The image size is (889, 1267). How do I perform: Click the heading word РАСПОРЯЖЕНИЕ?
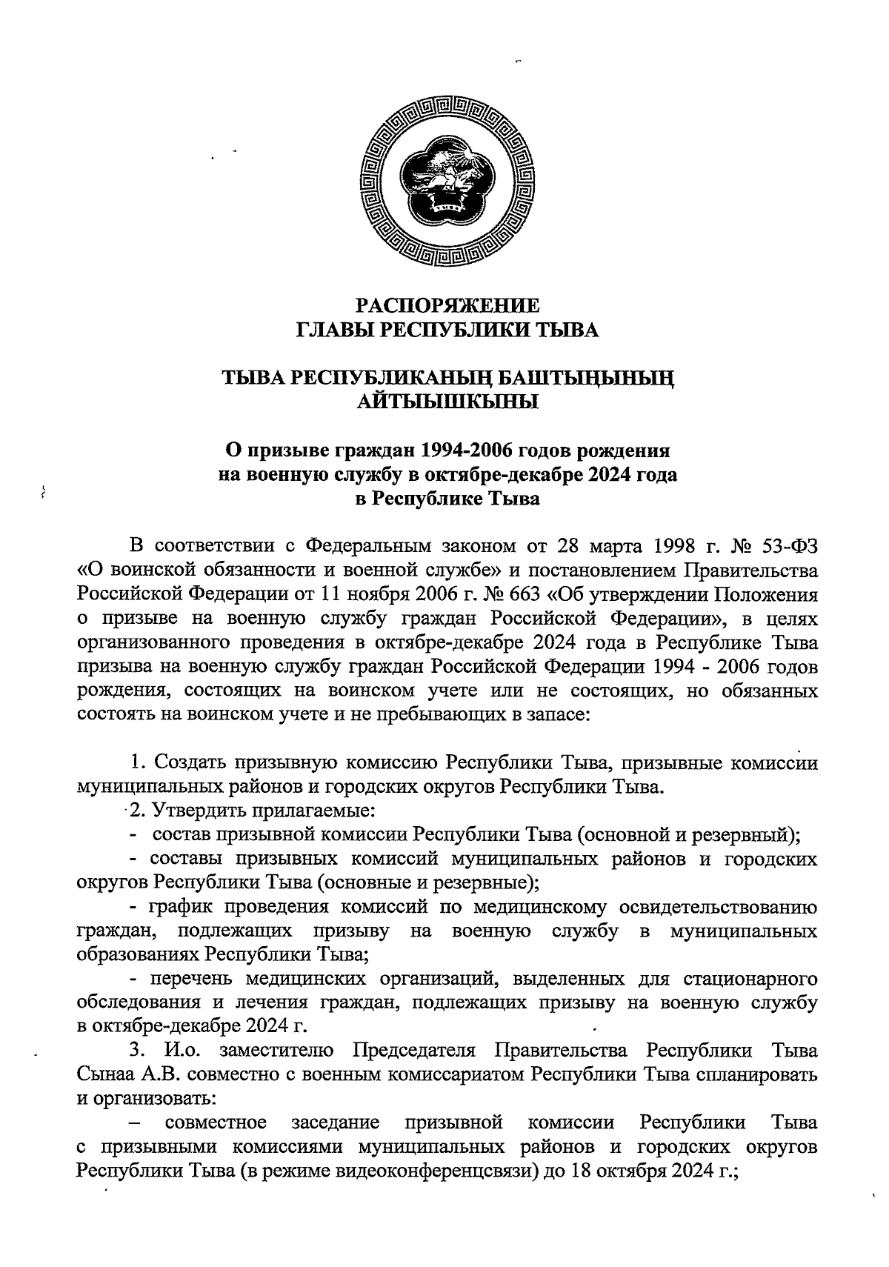click(x=447, y=305)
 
